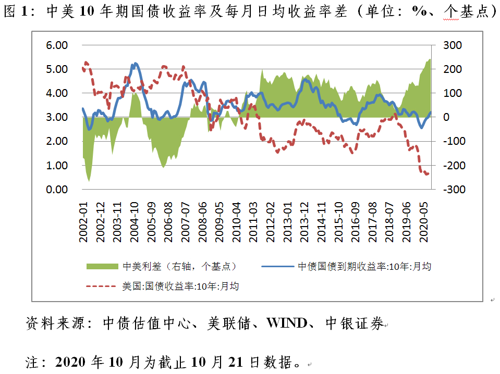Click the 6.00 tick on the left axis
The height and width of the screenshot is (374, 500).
click(x=57, y=45)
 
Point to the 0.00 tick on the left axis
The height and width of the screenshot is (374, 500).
click(x=57, y=190)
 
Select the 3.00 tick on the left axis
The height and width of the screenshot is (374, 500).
click(x=57, y=117)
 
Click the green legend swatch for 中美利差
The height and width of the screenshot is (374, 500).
click(x=102, y=266)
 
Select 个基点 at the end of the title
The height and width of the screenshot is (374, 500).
click(x=467, y=12)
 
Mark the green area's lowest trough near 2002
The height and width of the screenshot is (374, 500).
click(x=89, y=181)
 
